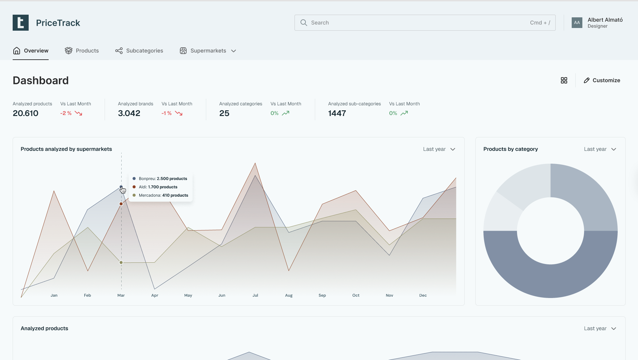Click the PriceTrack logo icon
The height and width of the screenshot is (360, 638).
click(21, 23)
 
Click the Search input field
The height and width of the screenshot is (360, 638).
click(420, 23)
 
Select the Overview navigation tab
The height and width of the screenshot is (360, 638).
click(31, 51)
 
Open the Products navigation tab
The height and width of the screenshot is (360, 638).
click(82, 51)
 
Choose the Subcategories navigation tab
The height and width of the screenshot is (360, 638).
click(139, 51)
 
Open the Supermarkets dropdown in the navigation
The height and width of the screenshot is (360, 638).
click(208, 51)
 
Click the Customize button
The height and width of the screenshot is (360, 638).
click(602, 80)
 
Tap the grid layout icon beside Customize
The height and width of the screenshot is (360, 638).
click(564, 80)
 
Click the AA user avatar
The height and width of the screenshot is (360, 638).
click(577, 23)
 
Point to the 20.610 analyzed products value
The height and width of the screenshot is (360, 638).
click(26, 113)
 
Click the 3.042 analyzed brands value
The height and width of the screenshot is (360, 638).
click(129, 113)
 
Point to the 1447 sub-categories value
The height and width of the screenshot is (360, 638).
click(337, 113)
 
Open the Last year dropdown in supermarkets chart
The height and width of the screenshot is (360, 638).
click(439, 149)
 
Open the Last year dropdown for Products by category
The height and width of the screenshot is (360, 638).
click(600, 149)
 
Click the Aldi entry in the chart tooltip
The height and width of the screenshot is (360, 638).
click(158, 187)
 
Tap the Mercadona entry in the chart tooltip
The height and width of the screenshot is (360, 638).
click(163, 195)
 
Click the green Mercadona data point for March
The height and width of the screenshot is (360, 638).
click(121, 263)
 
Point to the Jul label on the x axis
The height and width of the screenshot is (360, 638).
click(255, 295)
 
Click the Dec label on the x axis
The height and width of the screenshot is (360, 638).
click(423, 295)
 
